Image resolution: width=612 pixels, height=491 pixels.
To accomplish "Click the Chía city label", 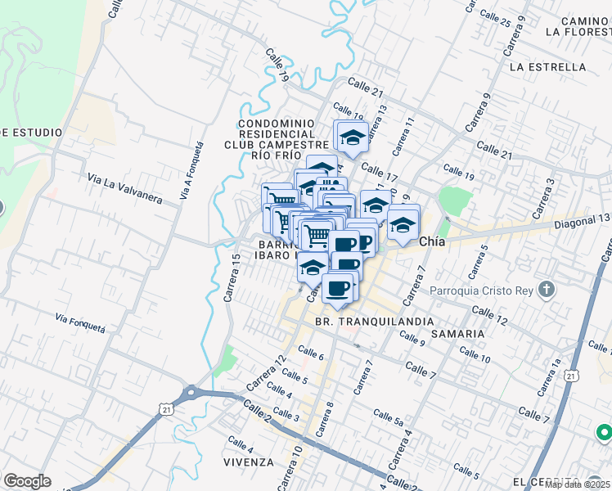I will tap(432, 242).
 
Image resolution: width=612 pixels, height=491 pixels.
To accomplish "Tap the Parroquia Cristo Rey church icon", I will tap(548, 290).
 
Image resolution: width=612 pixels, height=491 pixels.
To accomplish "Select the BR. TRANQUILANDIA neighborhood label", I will tap(374, 322).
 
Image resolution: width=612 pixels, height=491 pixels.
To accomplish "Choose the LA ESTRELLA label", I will tap(547, 66).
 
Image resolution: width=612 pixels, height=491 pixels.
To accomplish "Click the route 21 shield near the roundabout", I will tap(167, 408).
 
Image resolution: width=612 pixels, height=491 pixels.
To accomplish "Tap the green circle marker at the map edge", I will tap(604, 431).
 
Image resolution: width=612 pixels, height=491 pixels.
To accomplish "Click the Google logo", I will tap(27, 481).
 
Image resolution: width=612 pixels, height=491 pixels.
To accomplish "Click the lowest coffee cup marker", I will tap(338, 288).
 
